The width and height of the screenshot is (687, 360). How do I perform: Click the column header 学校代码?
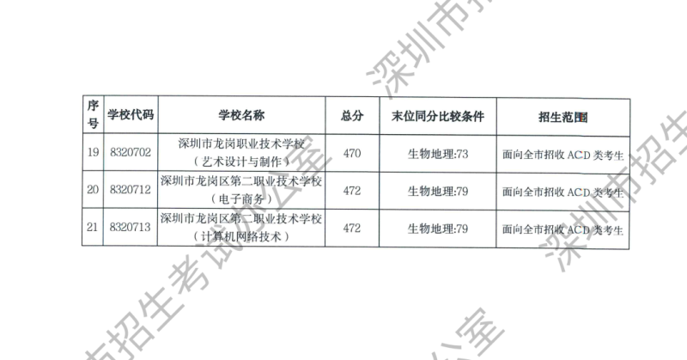(x=131, y=115)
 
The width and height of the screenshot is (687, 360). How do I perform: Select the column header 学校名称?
(x=240, y=115)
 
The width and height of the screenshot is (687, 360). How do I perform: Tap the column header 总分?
(x=352, y=115)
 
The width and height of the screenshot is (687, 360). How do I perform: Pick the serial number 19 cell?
(x=93, y=152)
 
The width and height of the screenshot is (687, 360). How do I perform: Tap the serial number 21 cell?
(x=93, y=228)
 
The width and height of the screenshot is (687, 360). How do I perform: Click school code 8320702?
(x=131, y=152)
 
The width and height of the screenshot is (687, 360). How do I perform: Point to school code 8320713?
(x=131, y=228)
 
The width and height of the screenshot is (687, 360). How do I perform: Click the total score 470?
(x=352, y=153)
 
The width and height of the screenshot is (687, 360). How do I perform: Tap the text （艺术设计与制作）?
(x=240, y=161)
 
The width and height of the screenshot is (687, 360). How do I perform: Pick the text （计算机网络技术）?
(x=240, y=236)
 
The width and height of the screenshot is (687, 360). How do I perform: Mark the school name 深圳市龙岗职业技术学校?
(x=240, y=143)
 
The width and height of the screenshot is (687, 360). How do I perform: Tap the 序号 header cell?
(x=93, y=115)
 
